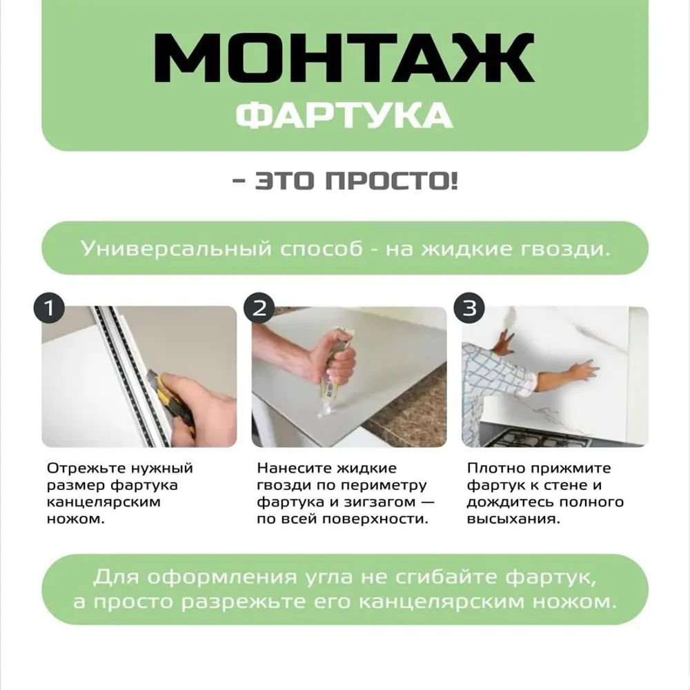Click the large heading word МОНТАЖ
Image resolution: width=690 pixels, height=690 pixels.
pos(344,57)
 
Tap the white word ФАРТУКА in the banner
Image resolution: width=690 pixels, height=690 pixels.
pos(344,115)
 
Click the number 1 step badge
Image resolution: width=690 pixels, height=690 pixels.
pos(49,308)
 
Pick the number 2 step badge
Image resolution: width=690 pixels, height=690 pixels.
pos(259,308)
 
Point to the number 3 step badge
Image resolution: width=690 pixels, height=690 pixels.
pos(469,308)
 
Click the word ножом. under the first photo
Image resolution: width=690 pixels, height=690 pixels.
pos(76,520)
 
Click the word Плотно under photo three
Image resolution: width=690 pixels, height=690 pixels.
pos(495,468)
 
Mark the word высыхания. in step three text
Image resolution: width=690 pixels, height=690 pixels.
pos(513,520)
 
